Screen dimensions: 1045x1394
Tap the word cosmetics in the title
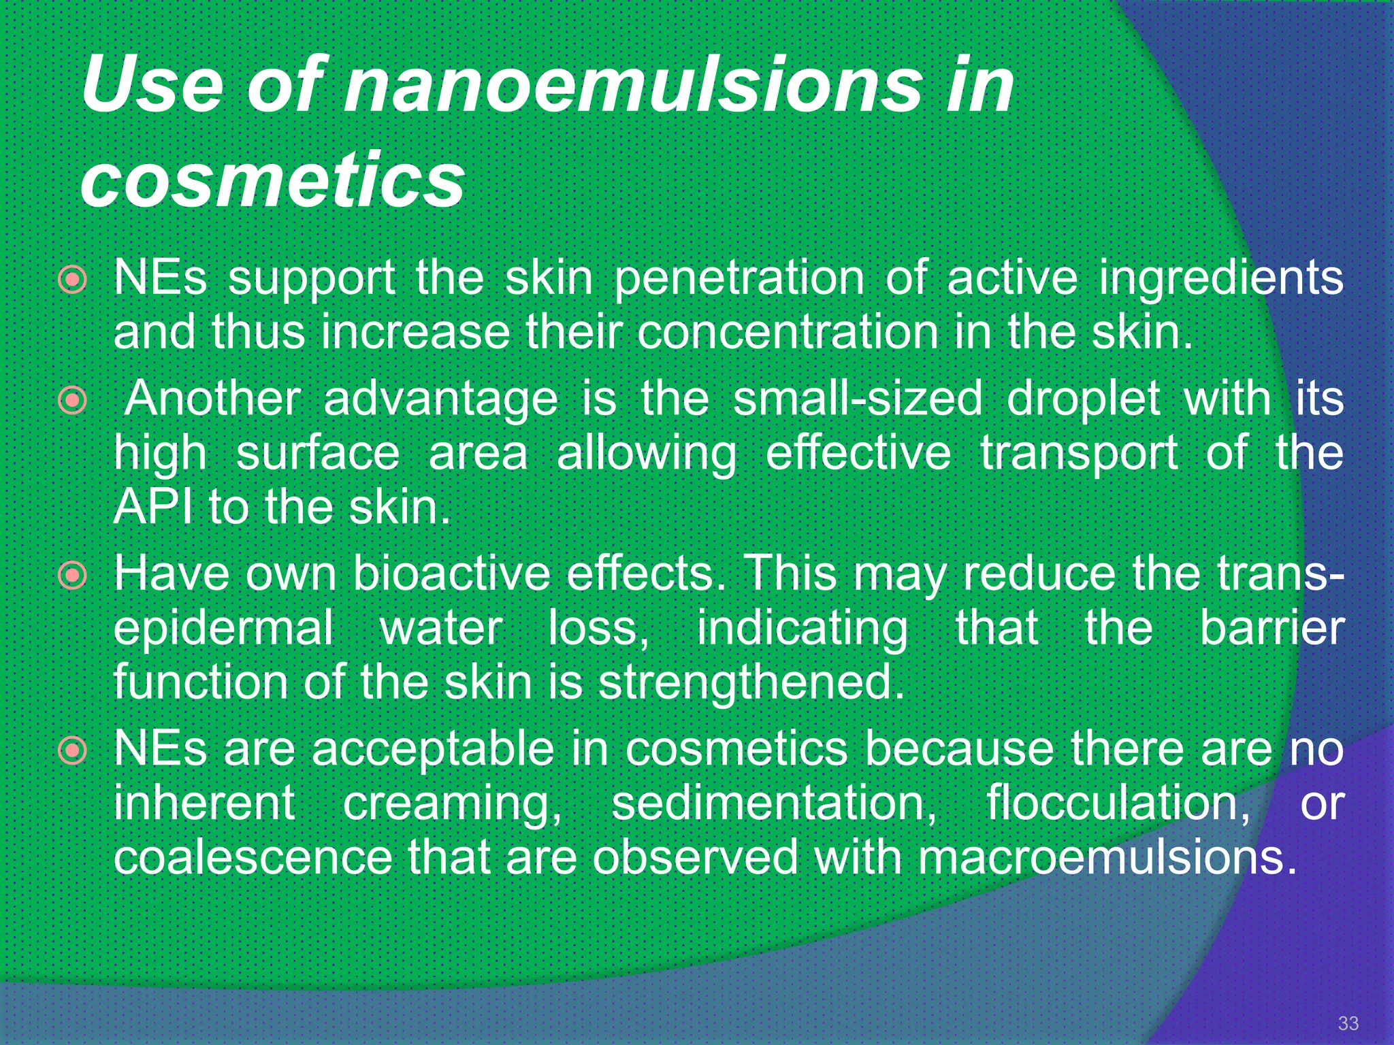pyautogui.click(x=272, y=180)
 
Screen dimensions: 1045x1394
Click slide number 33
pyautogui.click(x=1348, y=1023)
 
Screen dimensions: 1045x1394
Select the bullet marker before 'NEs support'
pyautogui.click(x=72, y=280)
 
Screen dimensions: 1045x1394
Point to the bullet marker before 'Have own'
pyautogui.click(x=72, y=576)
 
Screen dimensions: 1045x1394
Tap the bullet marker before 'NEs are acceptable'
pyautogui.click(x=72, y=751)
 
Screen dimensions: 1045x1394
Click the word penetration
pyautogui.click(x=739, y=279)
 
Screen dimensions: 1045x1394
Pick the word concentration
pyautogui.click(x=788, y=333)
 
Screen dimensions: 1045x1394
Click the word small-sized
pyautogui.click(x=858, y=399)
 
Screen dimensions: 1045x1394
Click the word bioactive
pyautogui.click(x=451, y=574)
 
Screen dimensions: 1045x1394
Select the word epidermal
pyautogui.click(x=223, y=628)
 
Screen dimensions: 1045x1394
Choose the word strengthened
pyautogui.click(x=751, y=682)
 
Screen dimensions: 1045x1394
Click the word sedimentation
pyautogui.click(x=774, y=803)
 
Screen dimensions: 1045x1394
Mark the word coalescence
pyautogui.click(x=253, y=857)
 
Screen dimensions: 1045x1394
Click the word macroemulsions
pyautogui.click(x=1107, y=857)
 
